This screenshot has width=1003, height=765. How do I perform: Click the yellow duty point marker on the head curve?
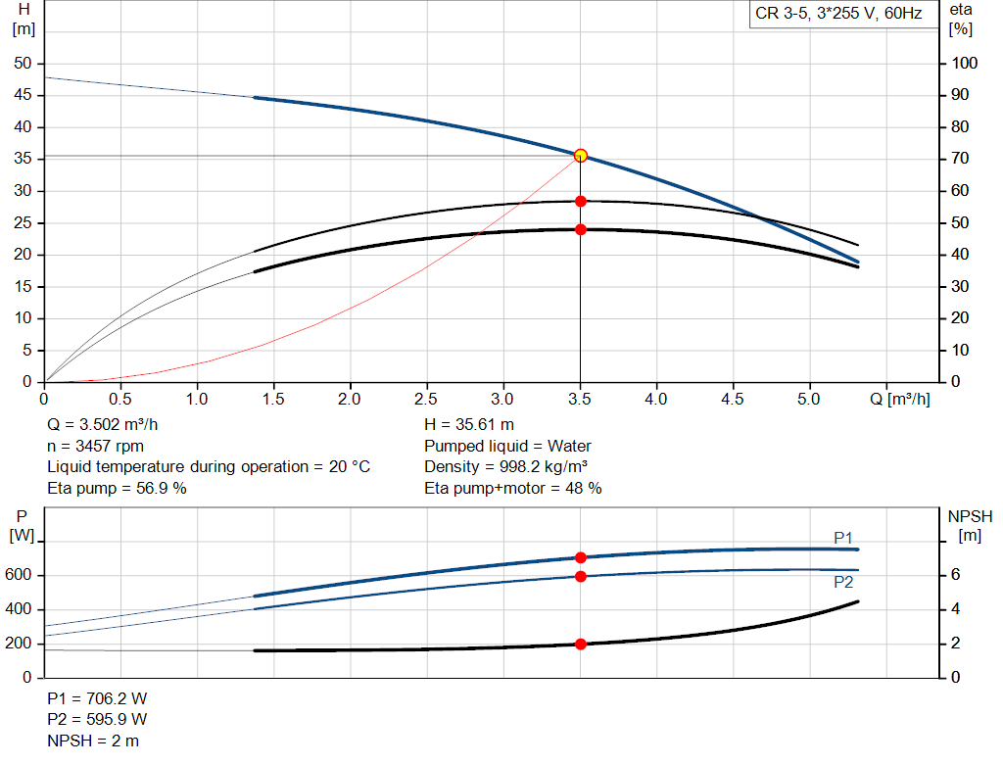point(581,156)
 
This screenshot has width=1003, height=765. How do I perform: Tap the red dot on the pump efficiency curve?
point(581,201)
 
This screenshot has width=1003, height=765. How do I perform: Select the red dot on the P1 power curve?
point(581,557)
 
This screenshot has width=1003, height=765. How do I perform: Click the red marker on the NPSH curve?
point(581,644)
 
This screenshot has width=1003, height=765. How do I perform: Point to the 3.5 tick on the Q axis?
point(580,400)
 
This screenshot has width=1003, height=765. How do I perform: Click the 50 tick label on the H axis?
point(23,64)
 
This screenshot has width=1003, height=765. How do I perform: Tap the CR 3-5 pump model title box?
point(838,15)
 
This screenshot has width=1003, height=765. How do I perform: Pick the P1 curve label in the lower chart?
point(843,537)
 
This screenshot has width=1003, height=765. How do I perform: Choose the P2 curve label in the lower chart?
point(843,582)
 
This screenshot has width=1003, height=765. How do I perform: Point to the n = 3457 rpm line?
point(94,446)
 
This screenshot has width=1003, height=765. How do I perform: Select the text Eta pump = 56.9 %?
point(117,488)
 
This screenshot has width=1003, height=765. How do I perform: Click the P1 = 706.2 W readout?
point(97,698)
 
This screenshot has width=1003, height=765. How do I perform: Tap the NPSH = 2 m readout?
point(93,741)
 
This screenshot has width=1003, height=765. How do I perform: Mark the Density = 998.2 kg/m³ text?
point(505,467)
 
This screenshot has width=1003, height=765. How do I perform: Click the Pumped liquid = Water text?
point(507,446)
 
